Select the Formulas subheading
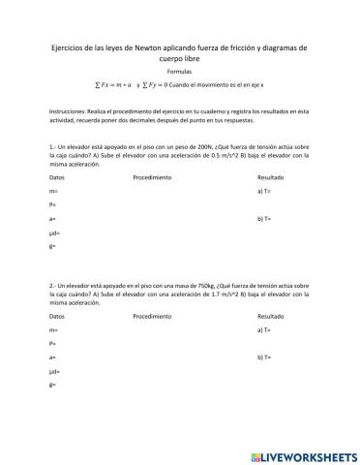[179, 73]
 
